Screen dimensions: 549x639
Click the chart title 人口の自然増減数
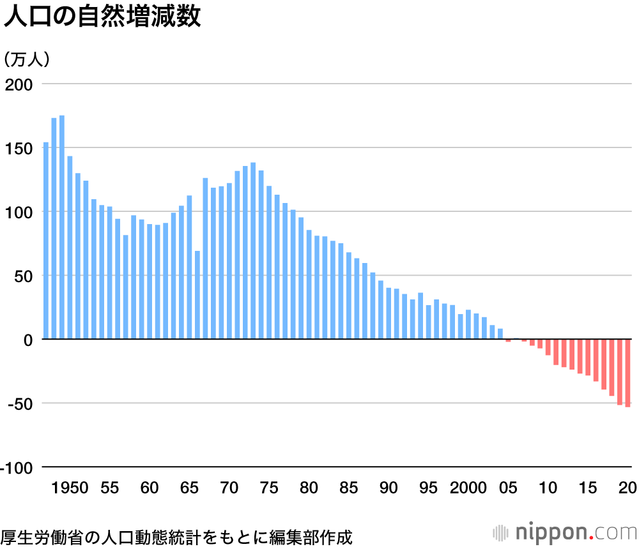pos(102,17)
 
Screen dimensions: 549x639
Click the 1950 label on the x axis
pos(70,488)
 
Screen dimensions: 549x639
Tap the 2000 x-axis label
pos(468,488)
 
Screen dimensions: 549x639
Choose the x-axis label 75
pos(270,488)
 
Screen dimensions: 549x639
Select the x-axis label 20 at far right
pos(628,488)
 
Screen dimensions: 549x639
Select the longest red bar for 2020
pos(628,373)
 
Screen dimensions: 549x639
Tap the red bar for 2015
pos(588,357)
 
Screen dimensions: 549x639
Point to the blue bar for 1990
pos(389,313)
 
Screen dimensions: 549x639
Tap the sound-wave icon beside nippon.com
pos(503,532)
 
